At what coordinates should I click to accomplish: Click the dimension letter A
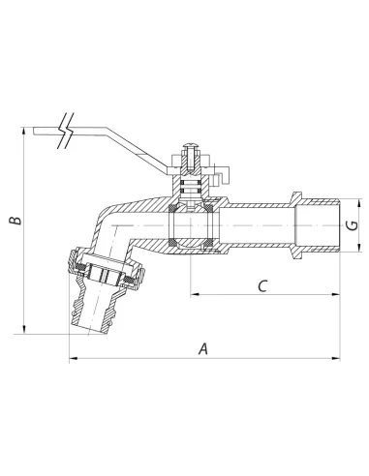(x=202, y=348)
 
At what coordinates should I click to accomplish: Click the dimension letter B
(x=15, y=220)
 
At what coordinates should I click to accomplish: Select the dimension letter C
(x=262, y=285)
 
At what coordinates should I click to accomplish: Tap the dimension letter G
(x=354, y=224)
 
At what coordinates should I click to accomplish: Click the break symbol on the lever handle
(x=66, y=131)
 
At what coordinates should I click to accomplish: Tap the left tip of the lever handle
(x=34, y=131)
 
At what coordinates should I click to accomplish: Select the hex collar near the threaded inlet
(x=296, y=225)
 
